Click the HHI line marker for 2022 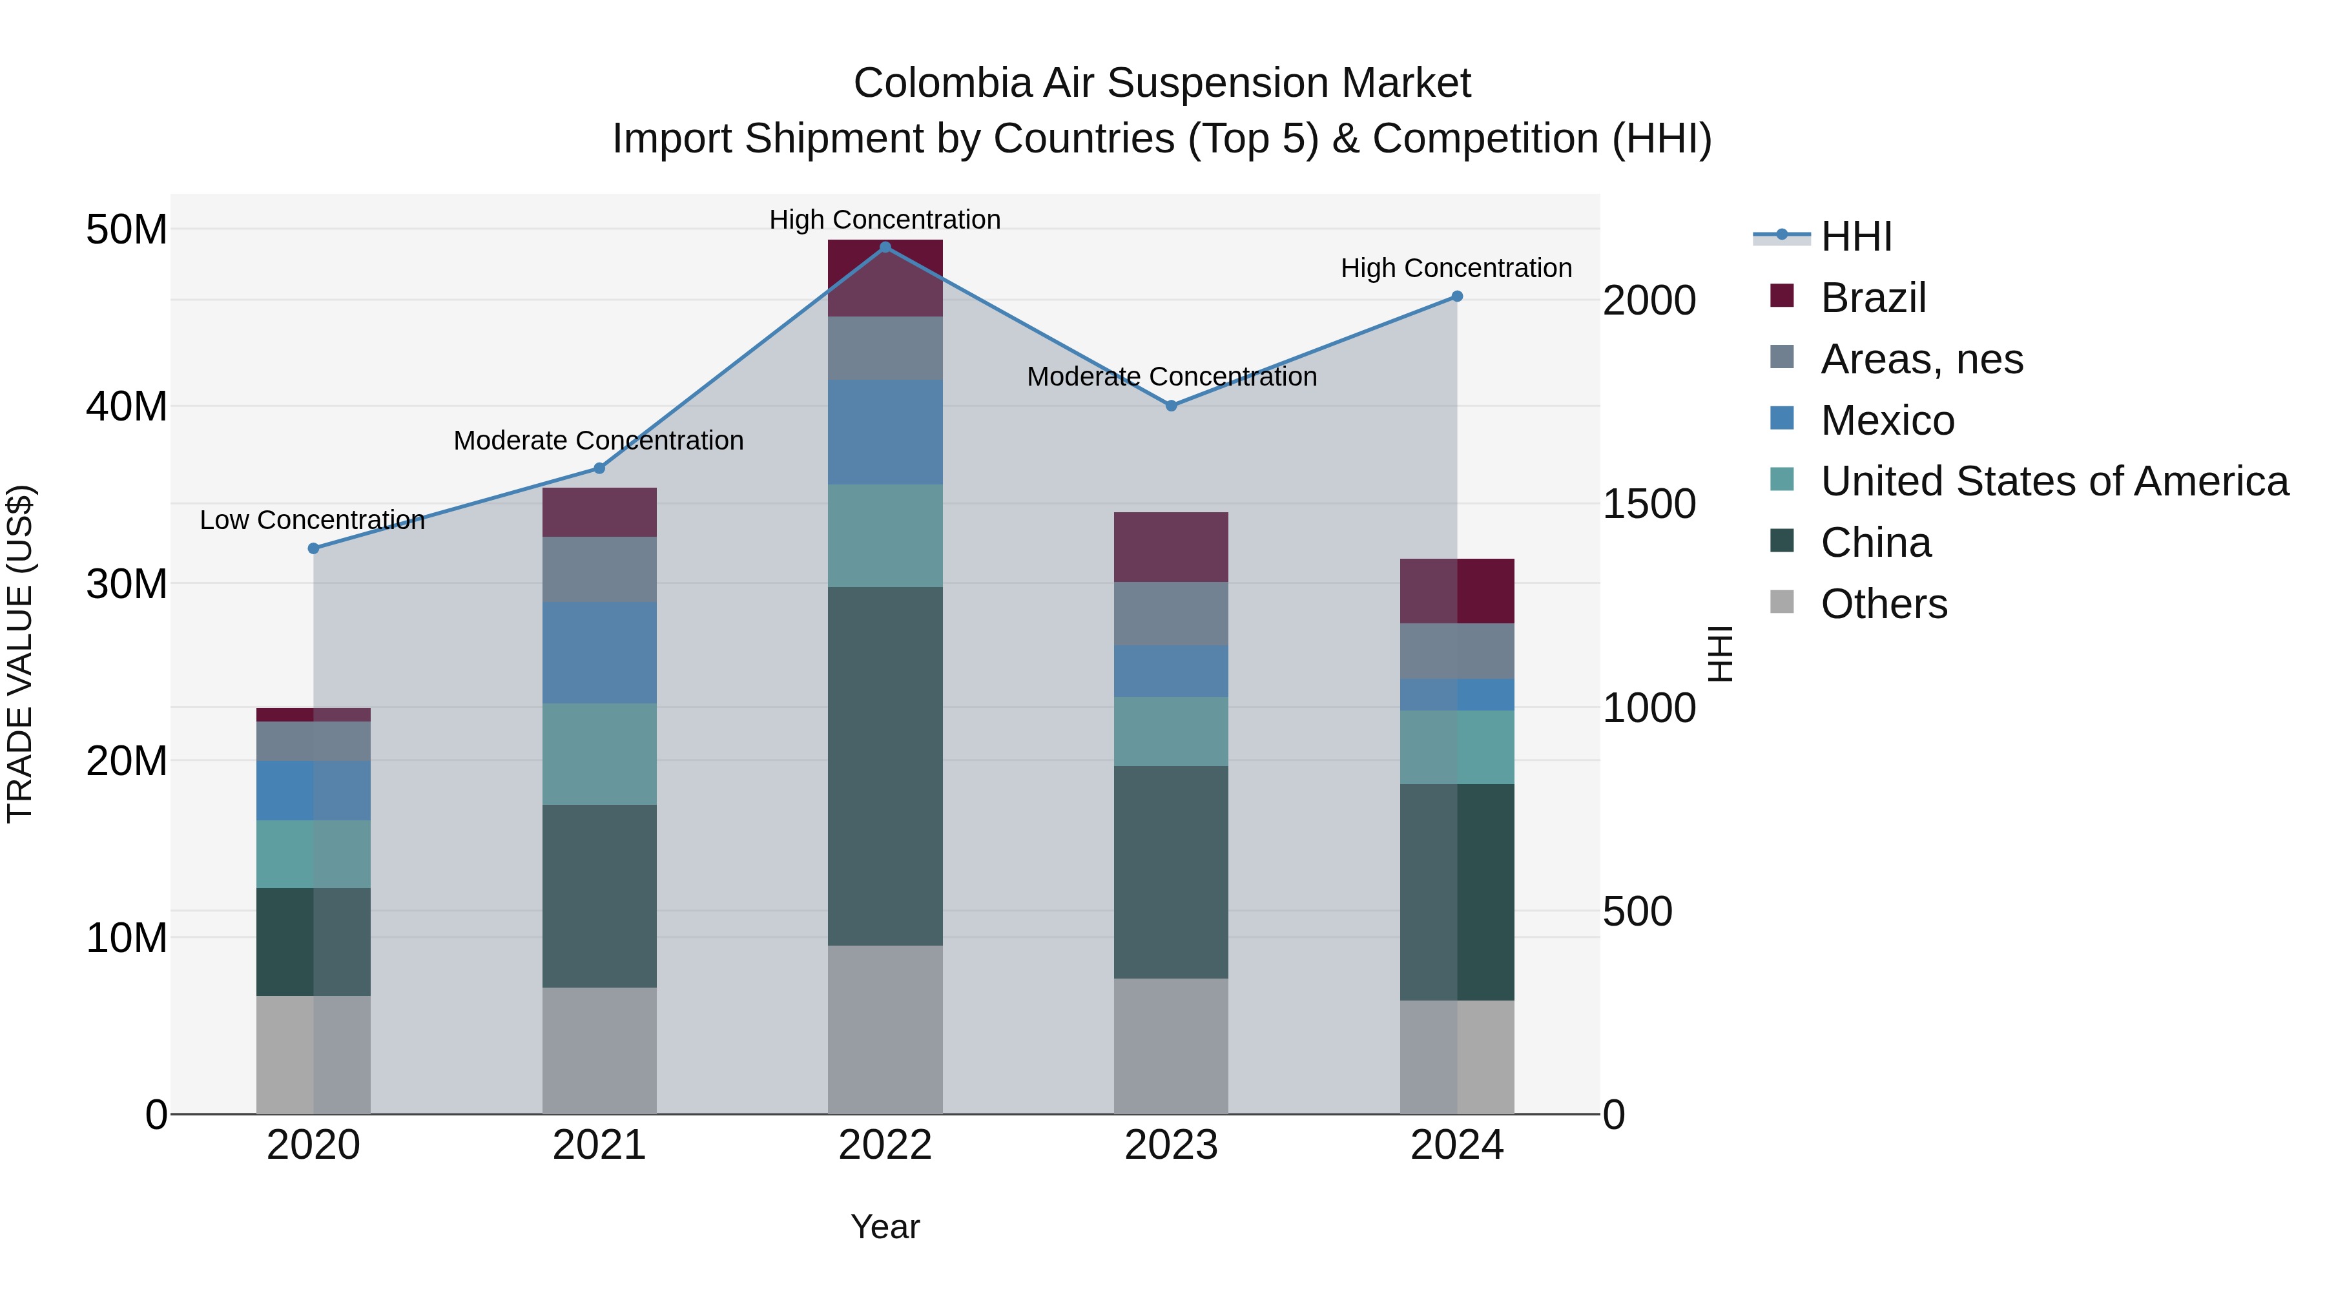(885, 247)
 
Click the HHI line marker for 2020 (313, 548)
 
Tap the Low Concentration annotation (313, 520)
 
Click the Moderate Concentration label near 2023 (1172, 377)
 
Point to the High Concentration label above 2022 (885, 220)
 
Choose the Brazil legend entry (1873, 298)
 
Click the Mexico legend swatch (1782, 419)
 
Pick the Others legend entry (1884, 604)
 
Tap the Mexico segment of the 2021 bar (599, 652)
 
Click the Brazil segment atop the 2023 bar (1171, 547)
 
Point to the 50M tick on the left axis (127, 229)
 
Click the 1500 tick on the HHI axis (1648, 504)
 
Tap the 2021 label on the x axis (599, 1145)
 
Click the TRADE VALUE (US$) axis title (20, 654)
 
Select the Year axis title (885, 1227)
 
